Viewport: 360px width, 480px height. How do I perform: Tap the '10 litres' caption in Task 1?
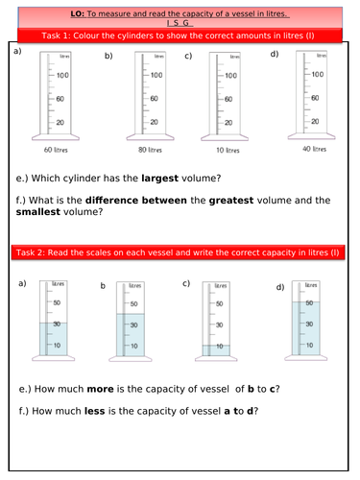coord(227,152)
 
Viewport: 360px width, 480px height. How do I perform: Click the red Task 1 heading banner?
coord(180,36)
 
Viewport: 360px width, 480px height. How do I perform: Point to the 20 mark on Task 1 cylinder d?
coord(314,121)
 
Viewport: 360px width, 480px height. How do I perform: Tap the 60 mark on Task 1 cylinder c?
coord(228,99)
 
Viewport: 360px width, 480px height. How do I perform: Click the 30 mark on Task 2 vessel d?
coord(310,323)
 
